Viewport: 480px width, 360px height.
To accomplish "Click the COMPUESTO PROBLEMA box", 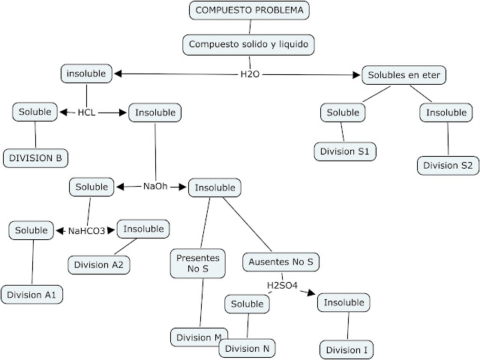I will (x=250, y=10).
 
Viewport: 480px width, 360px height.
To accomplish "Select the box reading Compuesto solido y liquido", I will (x=247, y=44).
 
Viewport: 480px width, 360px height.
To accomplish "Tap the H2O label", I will (x=249, y=75).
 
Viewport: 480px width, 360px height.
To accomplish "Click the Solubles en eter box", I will (x=404, y=74).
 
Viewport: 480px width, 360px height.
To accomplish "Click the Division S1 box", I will (x=344, y=151).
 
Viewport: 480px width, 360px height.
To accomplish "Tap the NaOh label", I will (x=154, y=187).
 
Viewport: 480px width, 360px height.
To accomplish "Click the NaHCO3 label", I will (x=86, y=231).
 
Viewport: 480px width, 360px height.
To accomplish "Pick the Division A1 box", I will (x=31, y=295).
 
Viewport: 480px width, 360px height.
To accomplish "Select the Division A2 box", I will (x=100, y=264).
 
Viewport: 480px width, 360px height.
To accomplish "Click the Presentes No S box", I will (x=197, y=263).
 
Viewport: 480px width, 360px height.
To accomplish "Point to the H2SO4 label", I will (x=282, y=286).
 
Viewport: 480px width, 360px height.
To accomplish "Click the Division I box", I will (x=346, y=349).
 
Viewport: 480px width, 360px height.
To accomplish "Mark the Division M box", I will (x=196, y=337).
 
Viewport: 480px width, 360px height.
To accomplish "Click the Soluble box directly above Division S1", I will (x=343, y=112).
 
